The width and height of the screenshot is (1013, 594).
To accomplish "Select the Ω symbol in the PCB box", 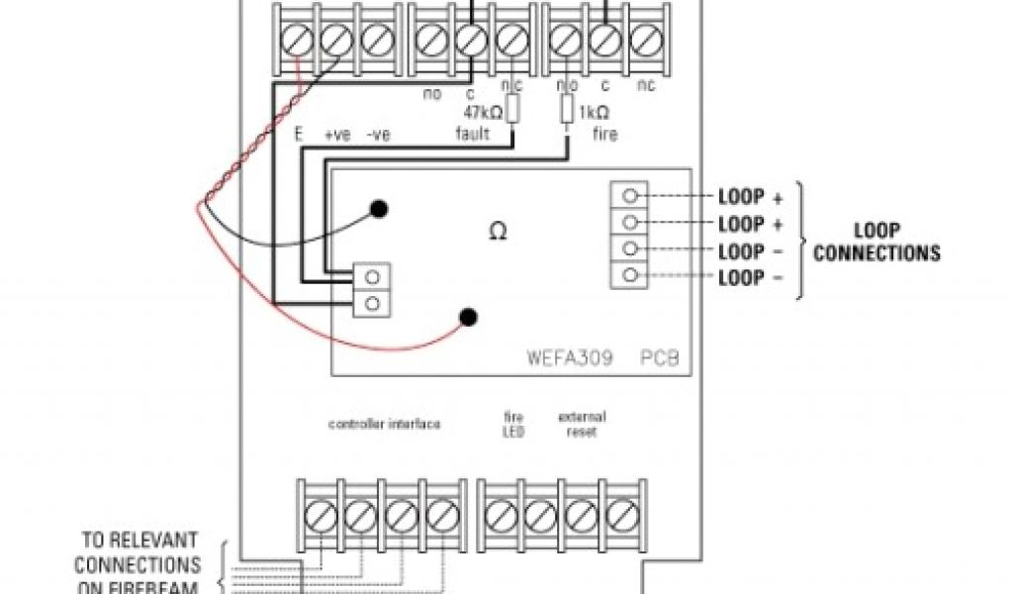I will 499,232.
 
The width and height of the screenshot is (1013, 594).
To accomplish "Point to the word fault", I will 473,134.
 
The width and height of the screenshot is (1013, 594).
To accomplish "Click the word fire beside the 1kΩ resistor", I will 605,134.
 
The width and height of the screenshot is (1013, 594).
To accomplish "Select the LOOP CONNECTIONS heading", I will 875,243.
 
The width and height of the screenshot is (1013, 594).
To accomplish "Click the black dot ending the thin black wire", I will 378,208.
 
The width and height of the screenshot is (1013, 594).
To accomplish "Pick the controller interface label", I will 384,424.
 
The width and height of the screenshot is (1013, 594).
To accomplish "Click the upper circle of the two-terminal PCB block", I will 372,277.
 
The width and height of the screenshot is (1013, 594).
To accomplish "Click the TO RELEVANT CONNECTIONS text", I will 138,553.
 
